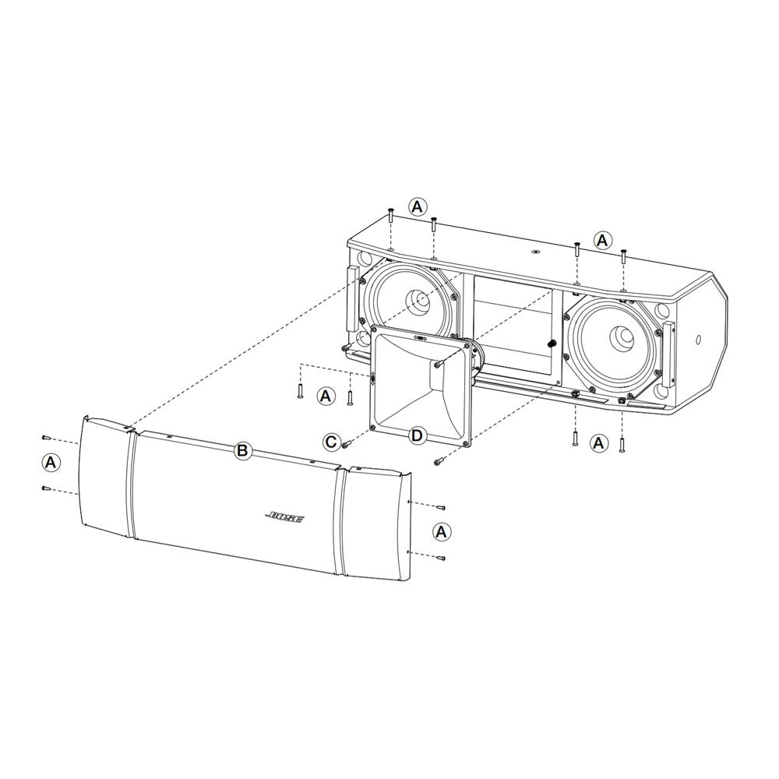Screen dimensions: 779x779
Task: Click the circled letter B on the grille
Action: point(243,450)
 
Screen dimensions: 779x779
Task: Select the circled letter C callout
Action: point(331,442)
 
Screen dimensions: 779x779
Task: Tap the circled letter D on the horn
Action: point(417,436)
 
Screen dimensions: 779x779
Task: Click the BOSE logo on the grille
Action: point(284,517)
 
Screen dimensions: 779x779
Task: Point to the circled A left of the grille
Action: point(50,463)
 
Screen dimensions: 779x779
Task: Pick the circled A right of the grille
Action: point(441,531)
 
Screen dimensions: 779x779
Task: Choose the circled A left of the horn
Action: point(326,396)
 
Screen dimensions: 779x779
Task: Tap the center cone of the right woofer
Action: point(621,340)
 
